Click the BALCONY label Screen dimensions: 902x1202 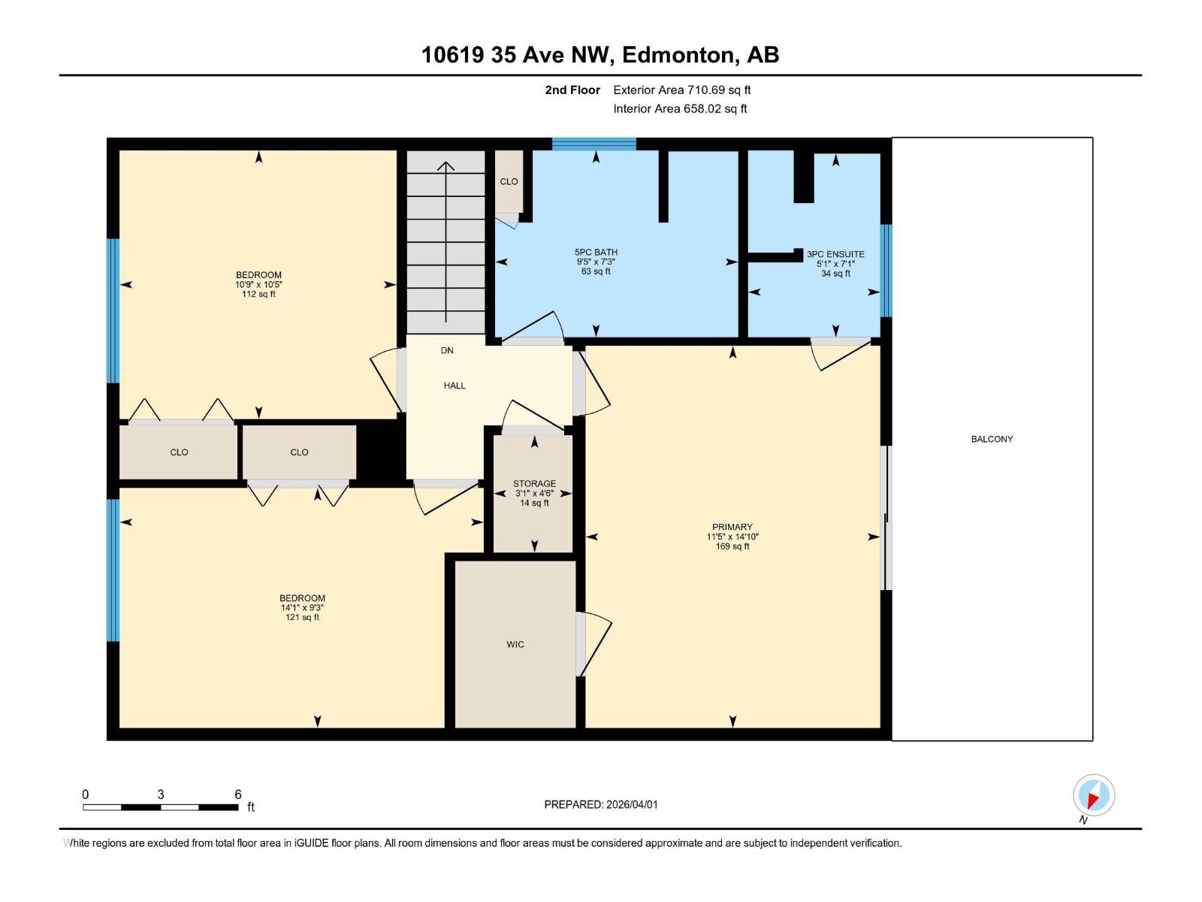pyautogui.click(x=992, y=439)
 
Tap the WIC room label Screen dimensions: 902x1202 pyautogui.click(x=515, y=644)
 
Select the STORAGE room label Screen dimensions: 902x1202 pyautogui.click(x=534, y=484)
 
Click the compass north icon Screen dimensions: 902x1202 pyautogui.click(x=1093, y=795)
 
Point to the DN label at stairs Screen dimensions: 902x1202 pyautogui.click(x=447, y=350)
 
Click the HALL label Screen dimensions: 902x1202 pyautogui.click(x=455, y=386)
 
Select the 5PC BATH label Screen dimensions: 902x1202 pyautogui.click(x=596, y=253)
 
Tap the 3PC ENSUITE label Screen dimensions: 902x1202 pyautogui.click(x=835, y=254)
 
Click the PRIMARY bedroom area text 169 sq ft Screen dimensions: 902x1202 pyautogui.click(x=732, y=546)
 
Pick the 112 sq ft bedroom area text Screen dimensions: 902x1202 pyautogui.click(x=258, y=294)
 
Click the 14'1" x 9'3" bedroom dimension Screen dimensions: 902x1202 pyautogui.click(x=302, y=607)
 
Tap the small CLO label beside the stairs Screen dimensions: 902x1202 pyautogui.click(x=509, y=181)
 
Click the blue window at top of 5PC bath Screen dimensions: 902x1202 pyautogui.click(x=593, y=144)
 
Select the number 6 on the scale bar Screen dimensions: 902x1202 pyautogui.click(x=238, y=795)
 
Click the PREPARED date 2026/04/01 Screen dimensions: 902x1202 pyautogui.click(x=631, y=804)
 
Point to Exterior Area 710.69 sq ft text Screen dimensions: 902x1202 pyautogui.click(x=681, y=89)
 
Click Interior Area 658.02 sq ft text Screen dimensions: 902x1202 pyautogui.click(x=680, y=108)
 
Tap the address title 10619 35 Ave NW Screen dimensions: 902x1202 pyautogui.click(x=518, y=55)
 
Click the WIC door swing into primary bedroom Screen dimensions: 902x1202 pyautogui.click(x=596, y=643)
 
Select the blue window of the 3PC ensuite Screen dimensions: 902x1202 pyautogui.click(x=886, y=271)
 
